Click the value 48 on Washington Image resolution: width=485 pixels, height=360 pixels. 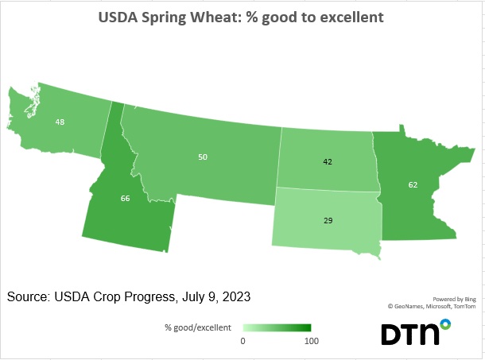pyautogui.click(x=60, y=122)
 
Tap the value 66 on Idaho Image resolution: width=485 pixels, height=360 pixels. pyautogui.click(x=125, y=198)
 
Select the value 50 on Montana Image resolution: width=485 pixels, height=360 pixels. pyautogui.click(x=203, y=157)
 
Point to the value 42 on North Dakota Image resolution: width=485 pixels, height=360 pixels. pyautogui.click(x=328, y=161)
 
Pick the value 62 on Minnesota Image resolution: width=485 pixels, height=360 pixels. pyautogui.click(x=413, y=184)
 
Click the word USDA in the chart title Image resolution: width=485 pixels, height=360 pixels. pyautogui.click(x=119, y=17)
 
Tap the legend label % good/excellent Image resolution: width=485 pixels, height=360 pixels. pyautogui.click(x=198, y=327)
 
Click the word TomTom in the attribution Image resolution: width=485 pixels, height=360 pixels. pyautogui.click(x=466, y=305)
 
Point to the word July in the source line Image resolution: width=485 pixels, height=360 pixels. pyautogui.click(x=191, y=296)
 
